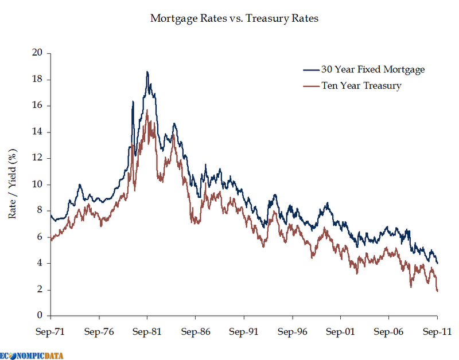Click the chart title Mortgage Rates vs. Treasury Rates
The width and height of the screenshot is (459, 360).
tap(234, 18)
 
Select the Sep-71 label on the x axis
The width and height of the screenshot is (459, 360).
tap(51, 331)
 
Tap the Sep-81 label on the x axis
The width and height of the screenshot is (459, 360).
tap(147, 331)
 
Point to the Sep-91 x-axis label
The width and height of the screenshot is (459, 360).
tap(244, 331)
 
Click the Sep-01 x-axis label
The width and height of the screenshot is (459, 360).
tap(340, 331)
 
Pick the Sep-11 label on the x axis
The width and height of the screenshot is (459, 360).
tap(437, 331)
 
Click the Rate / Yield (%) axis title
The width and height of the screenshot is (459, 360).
tap(13, 185)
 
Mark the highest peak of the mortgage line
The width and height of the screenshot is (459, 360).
tap(147, 72)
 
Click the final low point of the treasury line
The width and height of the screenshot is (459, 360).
tap(437, 291)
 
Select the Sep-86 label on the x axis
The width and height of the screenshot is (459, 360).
tap(196, 331)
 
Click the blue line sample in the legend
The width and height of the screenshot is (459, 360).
tap(310, 69)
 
